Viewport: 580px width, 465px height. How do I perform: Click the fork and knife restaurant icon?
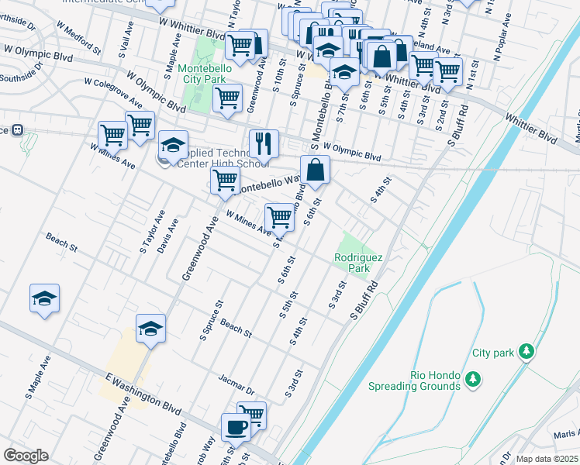[x=264, y=143]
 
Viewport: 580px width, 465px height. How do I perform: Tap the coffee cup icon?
[x=236, y=426]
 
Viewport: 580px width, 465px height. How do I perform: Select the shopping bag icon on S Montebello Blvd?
[x=315, y=170]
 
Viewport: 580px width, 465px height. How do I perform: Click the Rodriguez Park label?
[x=353, y=263]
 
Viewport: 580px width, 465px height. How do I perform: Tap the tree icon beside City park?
[x=526, y=352]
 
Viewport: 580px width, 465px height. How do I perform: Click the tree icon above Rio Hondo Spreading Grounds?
[x=472, y=377]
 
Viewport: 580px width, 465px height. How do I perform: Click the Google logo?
[x=26, y=456]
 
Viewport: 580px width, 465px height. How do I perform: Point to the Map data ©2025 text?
[x=546, y=459]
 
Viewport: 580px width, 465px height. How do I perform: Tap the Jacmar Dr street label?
[x=236, y=384]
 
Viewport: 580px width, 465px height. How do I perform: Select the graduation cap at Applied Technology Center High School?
[x=173, y=144]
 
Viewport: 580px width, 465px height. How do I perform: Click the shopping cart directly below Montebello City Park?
[x=226, y=98]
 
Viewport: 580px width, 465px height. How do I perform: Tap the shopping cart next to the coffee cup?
[x=253, y=415]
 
